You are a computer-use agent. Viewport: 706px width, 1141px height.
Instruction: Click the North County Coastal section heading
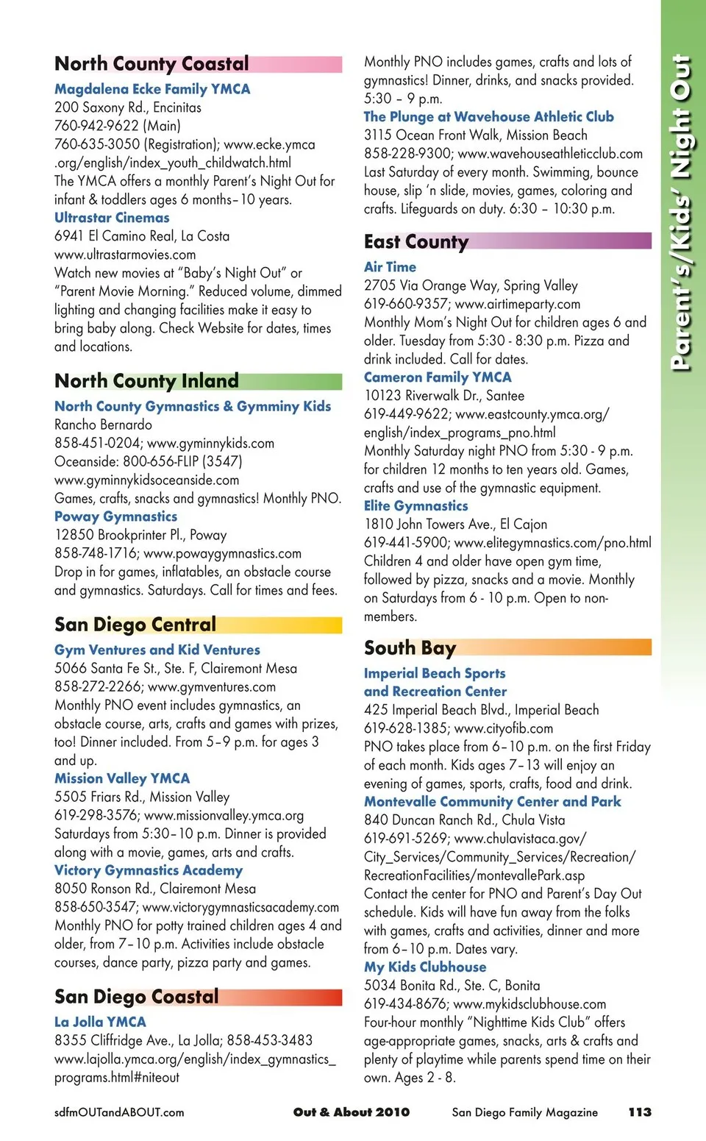(x=151, y=64)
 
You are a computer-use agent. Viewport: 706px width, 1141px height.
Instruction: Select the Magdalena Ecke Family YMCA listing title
(x=152, y=89)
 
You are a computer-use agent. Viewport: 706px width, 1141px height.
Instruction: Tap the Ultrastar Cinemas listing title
(x=112, y=218)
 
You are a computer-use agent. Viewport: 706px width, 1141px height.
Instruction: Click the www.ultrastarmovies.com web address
(x=125, y=255)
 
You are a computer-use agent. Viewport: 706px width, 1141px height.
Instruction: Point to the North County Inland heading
(x=146, y=381)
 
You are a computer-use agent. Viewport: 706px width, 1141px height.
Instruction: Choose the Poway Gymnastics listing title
(x=115, y=516)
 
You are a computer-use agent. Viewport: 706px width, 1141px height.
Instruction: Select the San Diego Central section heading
(x=135, y=625)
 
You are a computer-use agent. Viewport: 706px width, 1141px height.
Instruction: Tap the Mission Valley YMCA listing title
(x=122, y=778)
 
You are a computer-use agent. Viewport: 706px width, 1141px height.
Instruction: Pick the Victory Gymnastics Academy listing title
(x=149, y=870)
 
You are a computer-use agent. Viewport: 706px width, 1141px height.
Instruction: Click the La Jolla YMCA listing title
(x=100, y=1022)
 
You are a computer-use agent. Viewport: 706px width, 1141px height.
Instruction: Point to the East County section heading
(x=416, y=242)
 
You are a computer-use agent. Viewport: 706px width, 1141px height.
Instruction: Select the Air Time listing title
(x=390, y=267)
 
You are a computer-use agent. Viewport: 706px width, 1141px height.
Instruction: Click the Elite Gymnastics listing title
(x=416, y=506)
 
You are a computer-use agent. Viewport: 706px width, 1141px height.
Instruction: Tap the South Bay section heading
(x=410, y=648)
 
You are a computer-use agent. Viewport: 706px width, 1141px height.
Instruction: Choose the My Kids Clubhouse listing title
(x=425, y=967)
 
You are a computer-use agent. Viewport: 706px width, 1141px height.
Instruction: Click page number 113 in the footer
(x=640, y=1112)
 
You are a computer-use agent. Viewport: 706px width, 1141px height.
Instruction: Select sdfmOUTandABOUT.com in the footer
(x=119, y=1112)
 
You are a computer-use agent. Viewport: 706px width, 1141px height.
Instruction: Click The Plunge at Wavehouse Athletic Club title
(x=488, y=117)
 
